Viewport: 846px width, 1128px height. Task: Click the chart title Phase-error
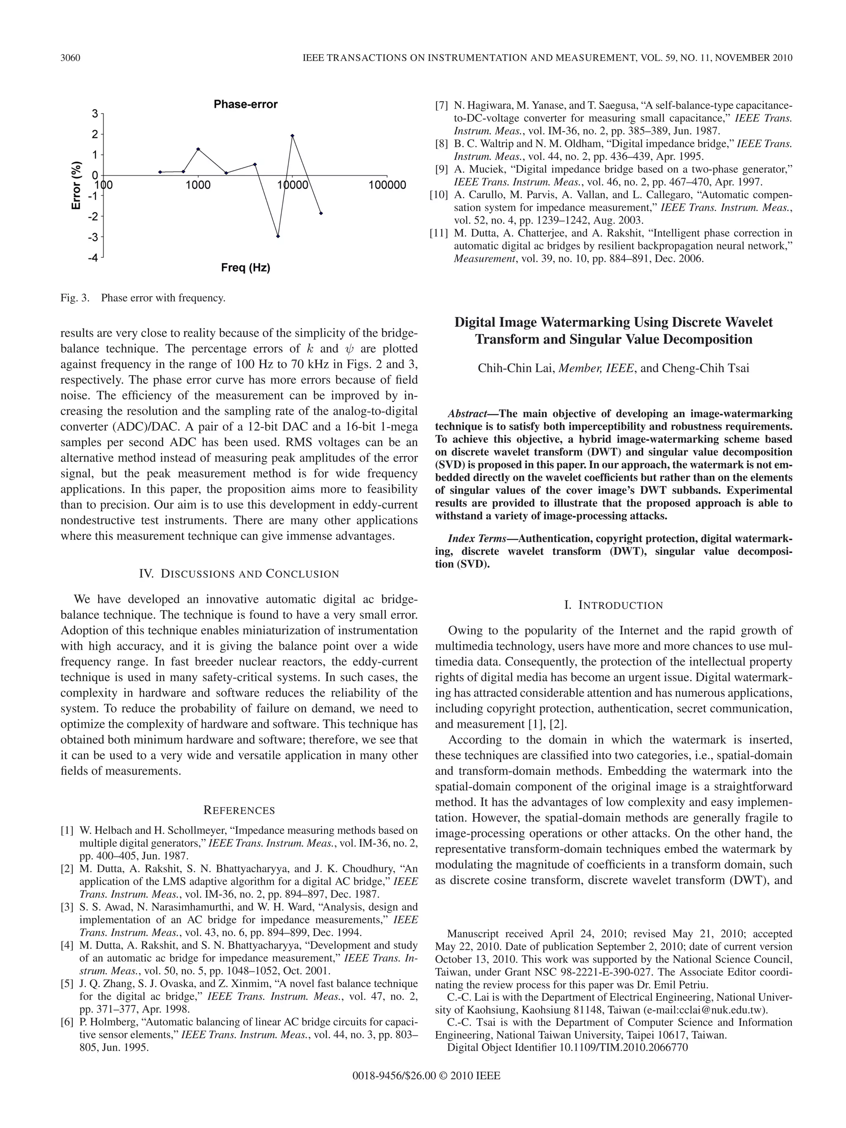(x=245, y=104)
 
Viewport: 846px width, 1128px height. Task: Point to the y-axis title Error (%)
(x=76, y=185)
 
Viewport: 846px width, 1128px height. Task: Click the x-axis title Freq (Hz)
(x=245, y=268)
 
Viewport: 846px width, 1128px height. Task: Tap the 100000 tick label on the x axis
(x=387, y=185)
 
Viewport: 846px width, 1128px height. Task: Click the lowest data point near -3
(x=278, y=236)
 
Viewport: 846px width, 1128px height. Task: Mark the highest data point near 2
(x=292, y=135)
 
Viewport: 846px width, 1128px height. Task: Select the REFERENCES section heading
(x=239, y=810)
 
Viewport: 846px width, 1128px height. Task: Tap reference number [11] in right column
(x=439, y=233)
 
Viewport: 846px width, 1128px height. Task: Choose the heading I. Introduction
(x=613, y=606)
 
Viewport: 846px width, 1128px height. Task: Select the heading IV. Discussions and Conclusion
(x=239, y=574)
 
